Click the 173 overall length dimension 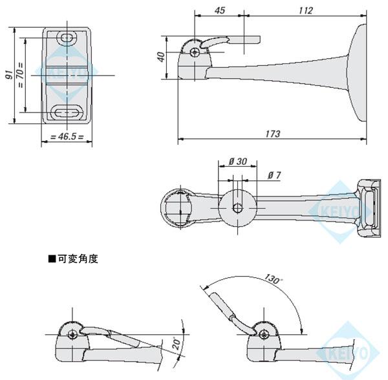(272, 134)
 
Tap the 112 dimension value (306, 10)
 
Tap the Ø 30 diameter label (237, 162)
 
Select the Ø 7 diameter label (274, 176)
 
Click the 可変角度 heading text (76, 259)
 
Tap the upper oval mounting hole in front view (67, 39)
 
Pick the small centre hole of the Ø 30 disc (238, 208)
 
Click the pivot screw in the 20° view (73, 334)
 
